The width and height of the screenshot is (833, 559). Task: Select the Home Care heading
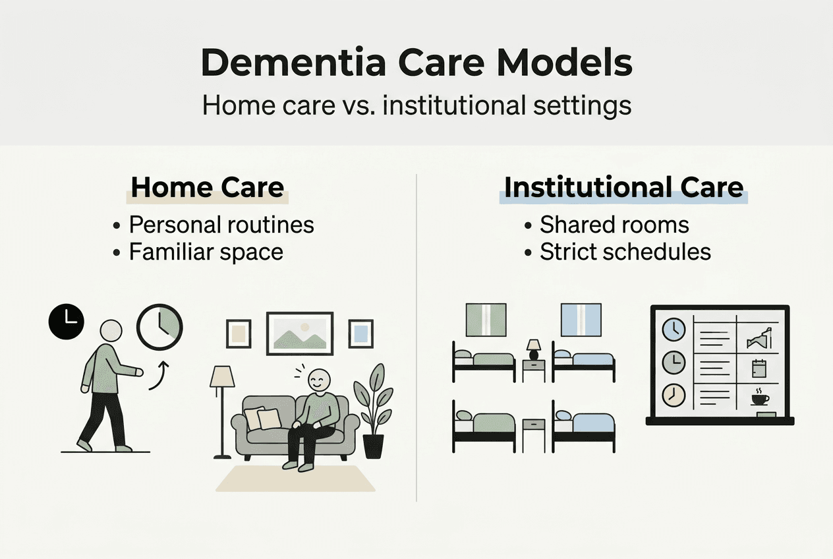[x=208, y=187]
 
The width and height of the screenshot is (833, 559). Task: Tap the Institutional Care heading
[x=623, y=187]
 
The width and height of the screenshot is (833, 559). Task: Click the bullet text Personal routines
[x=221, y=225]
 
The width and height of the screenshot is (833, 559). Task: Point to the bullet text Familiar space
[x=206, y=252]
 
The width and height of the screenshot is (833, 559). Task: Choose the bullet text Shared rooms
[x=614, y=225]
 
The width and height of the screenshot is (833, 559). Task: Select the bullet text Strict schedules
[x=625, y=252]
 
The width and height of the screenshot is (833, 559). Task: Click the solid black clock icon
[x=67, y=322]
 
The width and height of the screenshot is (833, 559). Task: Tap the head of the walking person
[x=111, y=331]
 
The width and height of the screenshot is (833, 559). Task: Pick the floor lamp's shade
[x=222, y=377]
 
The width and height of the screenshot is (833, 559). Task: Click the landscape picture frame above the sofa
[x=300, y=334]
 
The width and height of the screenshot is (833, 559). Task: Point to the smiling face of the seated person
[x=319, y=380]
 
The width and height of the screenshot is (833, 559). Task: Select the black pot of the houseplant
[x=373, y=446]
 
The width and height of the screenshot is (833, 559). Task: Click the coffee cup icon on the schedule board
[x=760, y=398]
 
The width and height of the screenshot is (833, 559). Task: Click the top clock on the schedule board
[x=674, y=329]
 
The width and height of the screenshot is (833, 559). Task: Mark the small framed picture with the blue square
[x=360, y=334]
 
